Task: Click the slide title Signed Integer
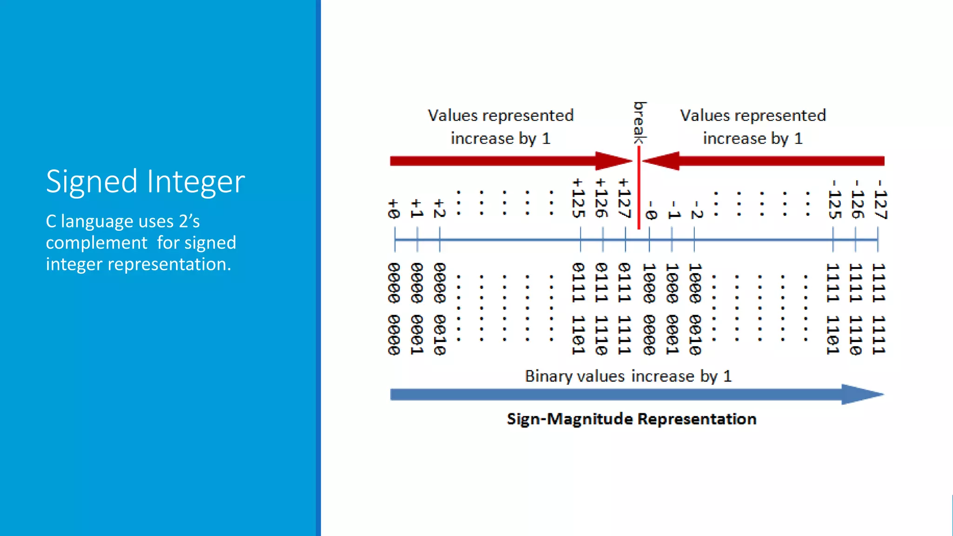(145, 181)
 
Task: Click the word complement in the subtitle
(96, 243)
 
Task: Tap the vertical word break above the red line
(640, 123)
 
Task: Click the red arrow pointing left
(763, 161)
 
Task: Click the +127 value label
(624, 198)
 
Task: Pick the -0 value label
(650, 210)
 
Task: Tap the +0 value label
(394, 209)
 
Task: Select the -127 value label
(880, 200)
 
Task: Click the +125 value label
(578, 198)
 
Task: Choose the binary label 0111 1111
(624, 308)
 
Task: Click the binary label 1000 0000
(649, 308)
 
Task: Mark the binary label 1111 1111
(879, 308)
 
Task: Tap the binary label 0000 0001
(417, 308)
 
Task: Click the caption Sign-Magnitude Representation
(631, 419)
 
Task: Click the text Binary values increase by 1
(628, 376)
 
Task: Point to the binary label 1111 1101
(832, 308)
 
